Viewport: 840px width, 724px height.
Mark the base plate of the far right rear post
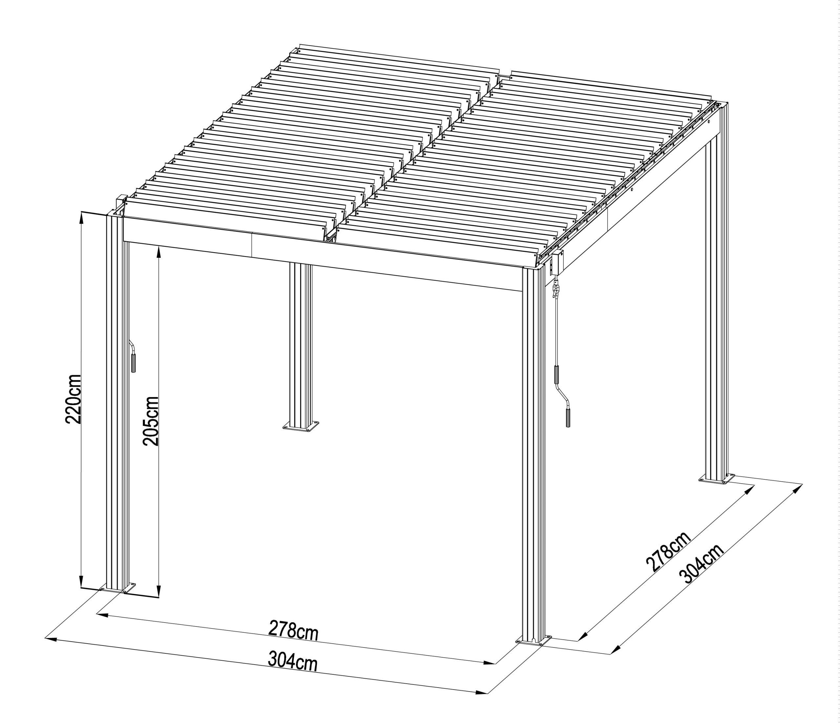pos(717,479)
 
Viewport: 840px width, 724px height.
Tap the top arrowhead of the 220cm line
pos(81,217)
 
